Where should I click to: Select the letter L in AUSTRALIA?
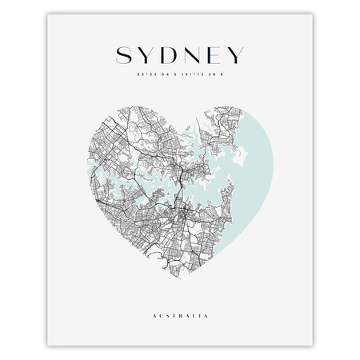pyautogui.click(x=199, y=317)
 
